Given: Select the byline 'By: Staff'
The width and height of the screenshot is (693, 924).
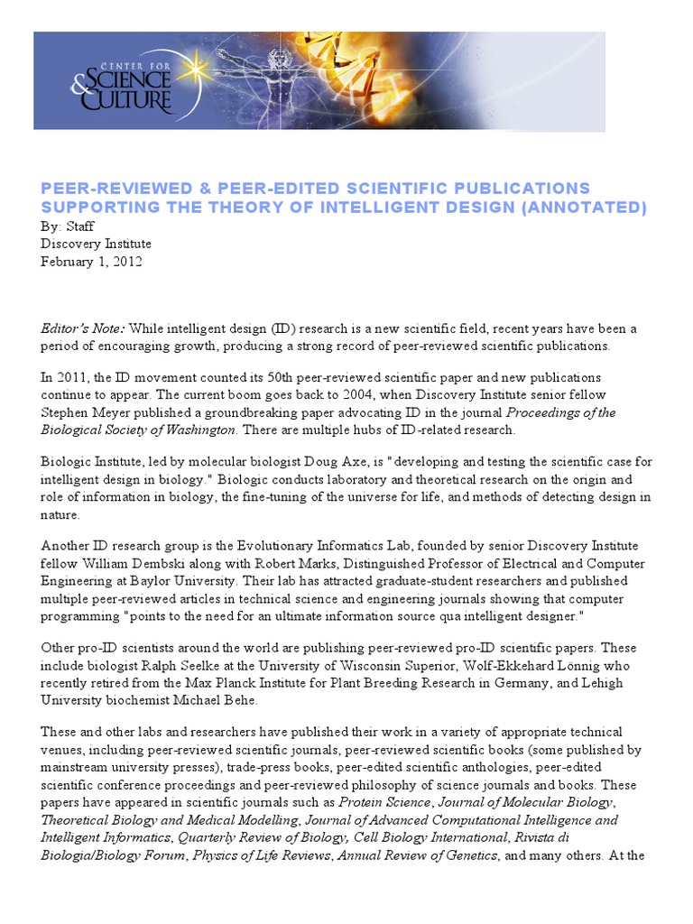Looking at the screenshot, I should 67,226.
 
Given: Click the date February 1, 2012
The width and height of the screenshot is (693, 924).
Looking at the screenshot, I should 90,262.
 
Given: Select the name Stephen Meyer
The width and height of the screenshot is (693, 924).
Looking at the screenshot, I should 84,412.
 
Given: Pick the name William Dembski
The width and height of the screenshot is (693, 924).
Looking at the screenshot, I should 122,564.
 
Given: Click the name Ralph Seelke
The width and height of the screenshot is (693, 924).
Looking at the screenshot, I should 186,665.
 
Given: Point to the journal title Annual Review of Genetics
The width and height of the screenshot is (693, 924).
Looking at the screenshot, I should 417,856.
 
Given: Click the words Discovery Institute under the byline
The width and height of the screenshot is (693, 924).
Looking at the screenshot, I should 96,244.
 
